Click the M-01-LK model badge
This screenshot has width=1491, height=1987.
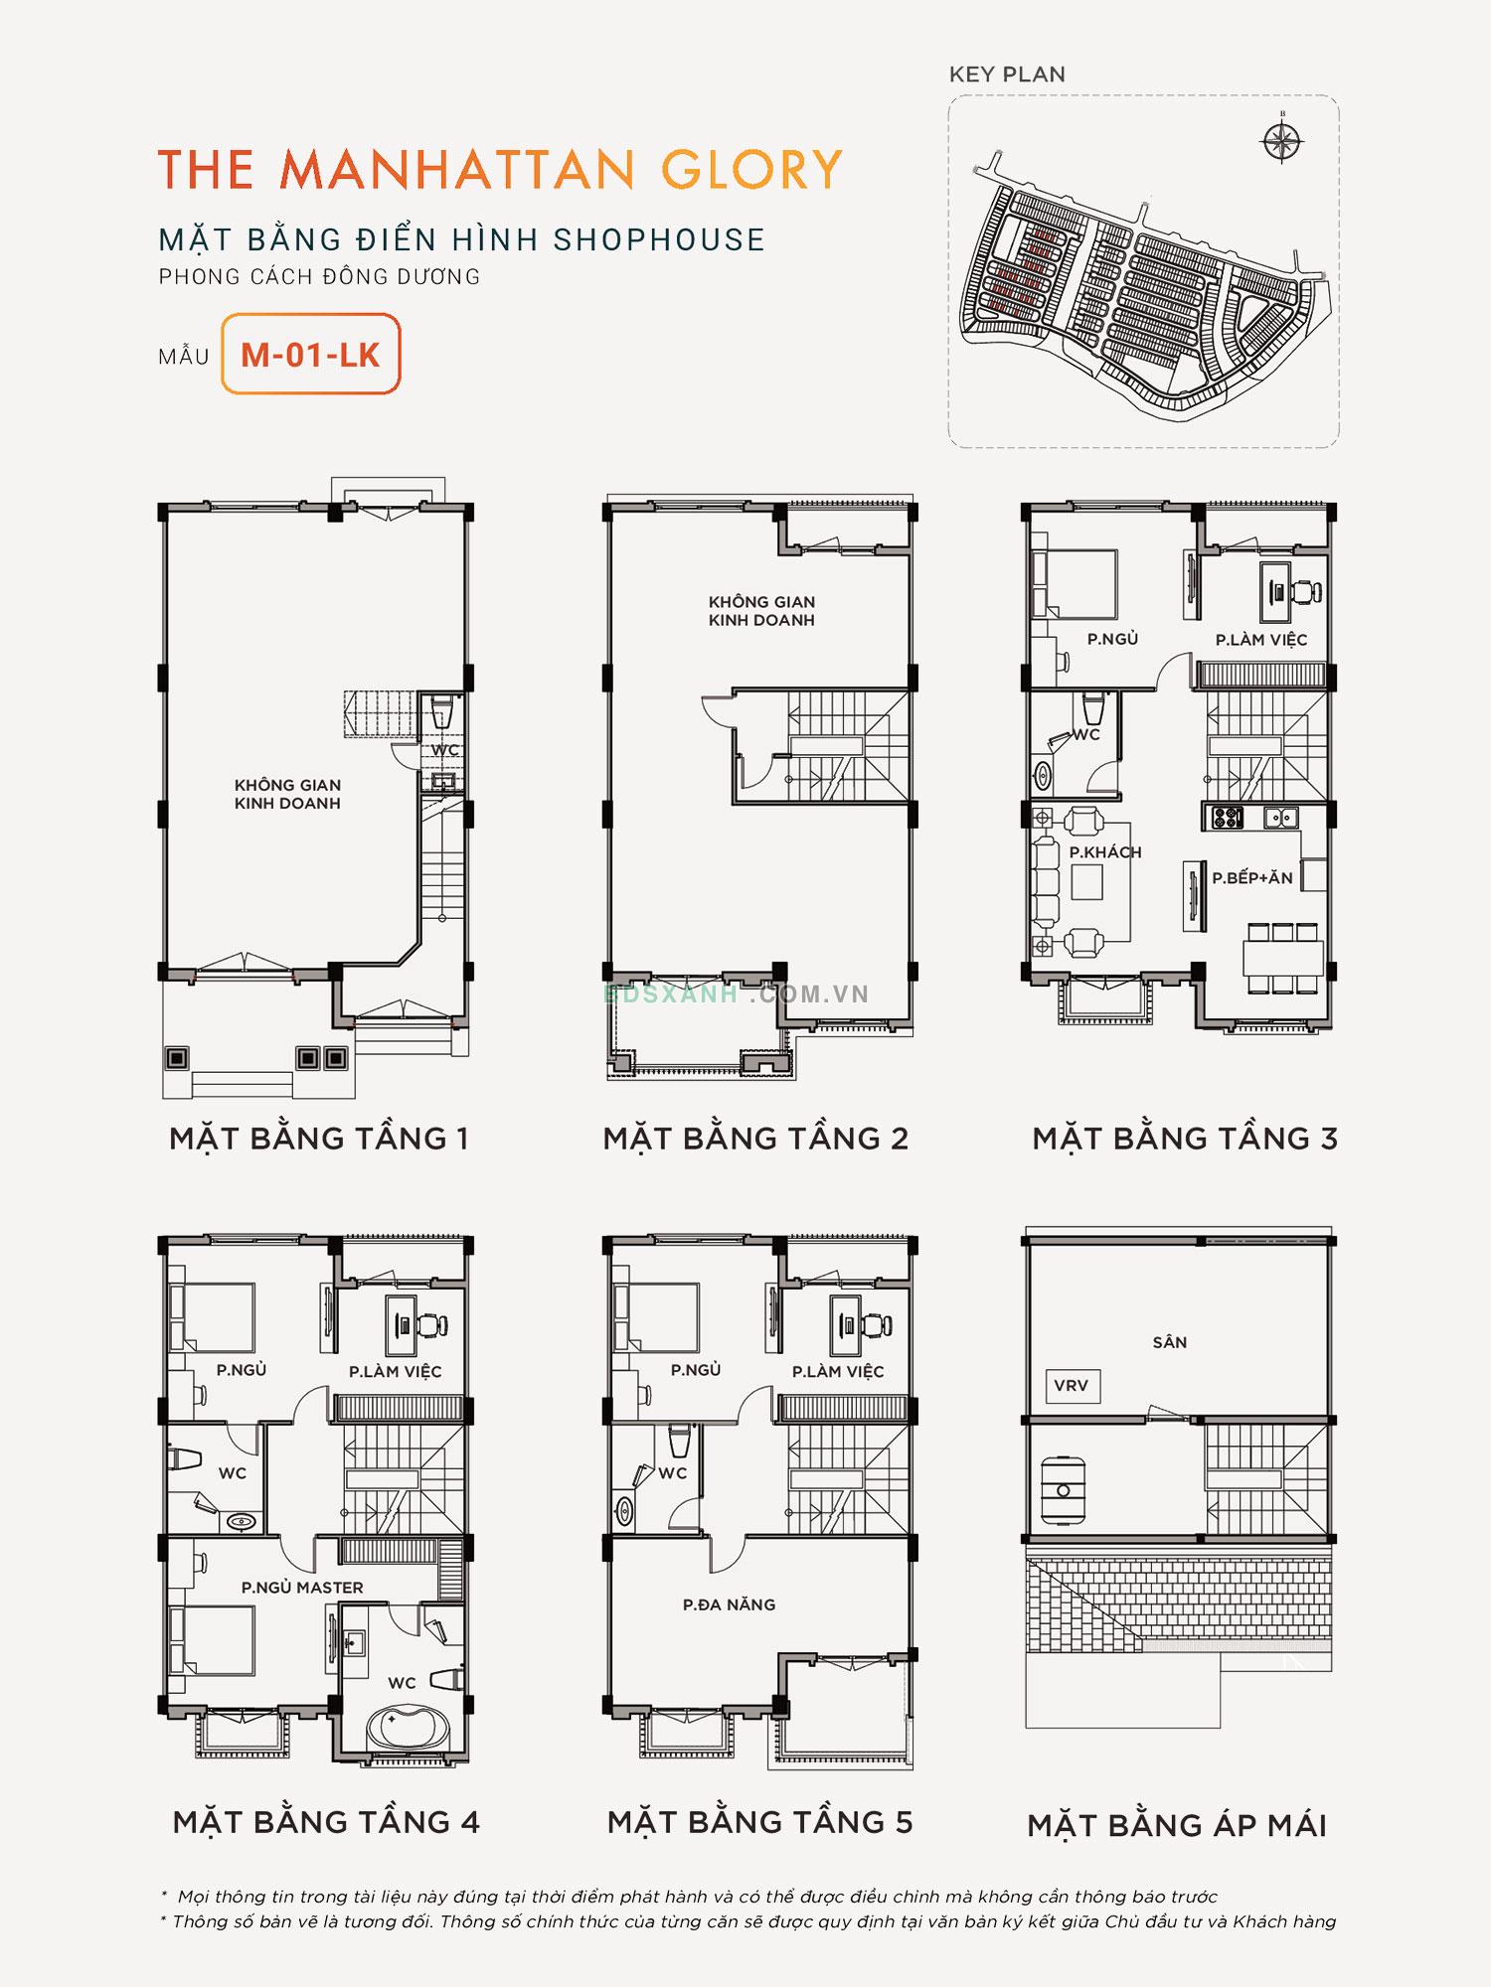[x=310, y=355]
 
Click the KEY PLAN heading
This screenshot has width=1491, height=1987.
[x=1007, y=75]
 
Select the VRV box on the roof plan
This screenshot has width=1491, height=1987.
[x=1071, y=1386]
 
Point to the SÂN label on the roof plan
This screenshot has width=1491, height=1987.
[x=1170, y=1342]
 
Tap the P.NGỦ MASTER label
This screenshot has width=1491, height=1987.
[x=302, y=1588]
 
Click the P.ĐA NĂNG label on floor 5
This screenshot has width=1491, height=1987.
[x=729, y=1605]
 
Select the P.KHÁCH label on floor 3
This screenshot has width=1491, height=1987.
[x=1105, y=852]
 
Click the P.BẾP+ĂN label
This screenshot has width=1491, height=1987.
[x=1252, y=878]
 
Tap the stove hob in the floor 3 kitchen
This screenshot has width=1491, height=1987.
[x=1228, y=818]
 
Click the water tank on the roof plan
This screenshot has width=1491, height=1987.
[x=1063, y=1490]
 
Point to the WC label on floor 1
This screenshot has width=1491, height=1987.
[x=444, y=750]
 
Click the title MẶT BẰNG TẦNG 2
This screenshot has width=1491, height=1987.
[x=755, y=1139]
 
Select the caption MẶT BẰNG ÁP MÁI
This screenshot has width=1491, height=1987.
[x=1177, y=1825]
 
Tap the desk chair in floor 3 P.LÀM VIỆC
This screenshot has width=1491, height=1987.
[x=1306, y=592]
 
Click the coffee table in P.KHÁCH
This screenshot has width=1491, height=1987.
[x=1086, y=882]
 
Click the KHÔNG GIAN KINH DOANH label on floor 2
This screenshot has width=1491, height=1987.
[x=761, y=611]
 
